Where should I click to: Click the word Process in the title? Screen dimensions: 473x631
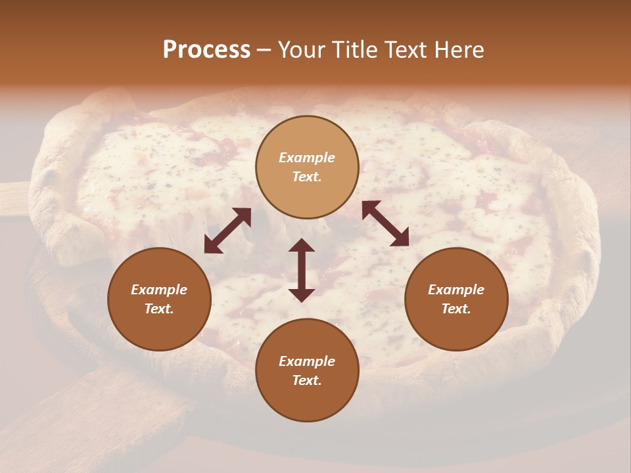click(x=206, y=50)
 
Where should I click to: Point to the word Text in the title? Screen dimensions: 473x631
click(x=408, y=50)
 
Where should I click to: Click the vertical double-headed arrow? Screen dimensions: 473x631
click(x=302, y=270)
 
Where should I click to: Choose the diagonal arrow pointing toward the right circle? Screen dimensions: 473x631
click(x=385, y=223)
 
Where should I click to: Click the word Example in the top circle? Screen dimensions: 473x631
click(x=307, y=158)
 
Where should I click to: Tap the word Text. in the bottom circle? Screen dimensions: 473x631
click(x=307, y=380)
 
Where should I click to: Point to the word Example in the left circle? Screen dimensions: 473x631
click(x=159, y=290)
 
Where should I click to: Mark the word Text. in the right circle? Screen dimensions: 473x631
click(x=456, y=309)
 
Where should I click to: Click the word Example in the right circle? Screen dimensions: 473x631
click(x=456, y=290)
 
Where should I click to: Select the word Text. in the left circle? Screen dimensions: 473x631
click(x=159, y=309)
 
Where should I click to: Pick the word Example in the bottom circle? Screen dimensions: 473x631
click(x=307, y=361)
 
